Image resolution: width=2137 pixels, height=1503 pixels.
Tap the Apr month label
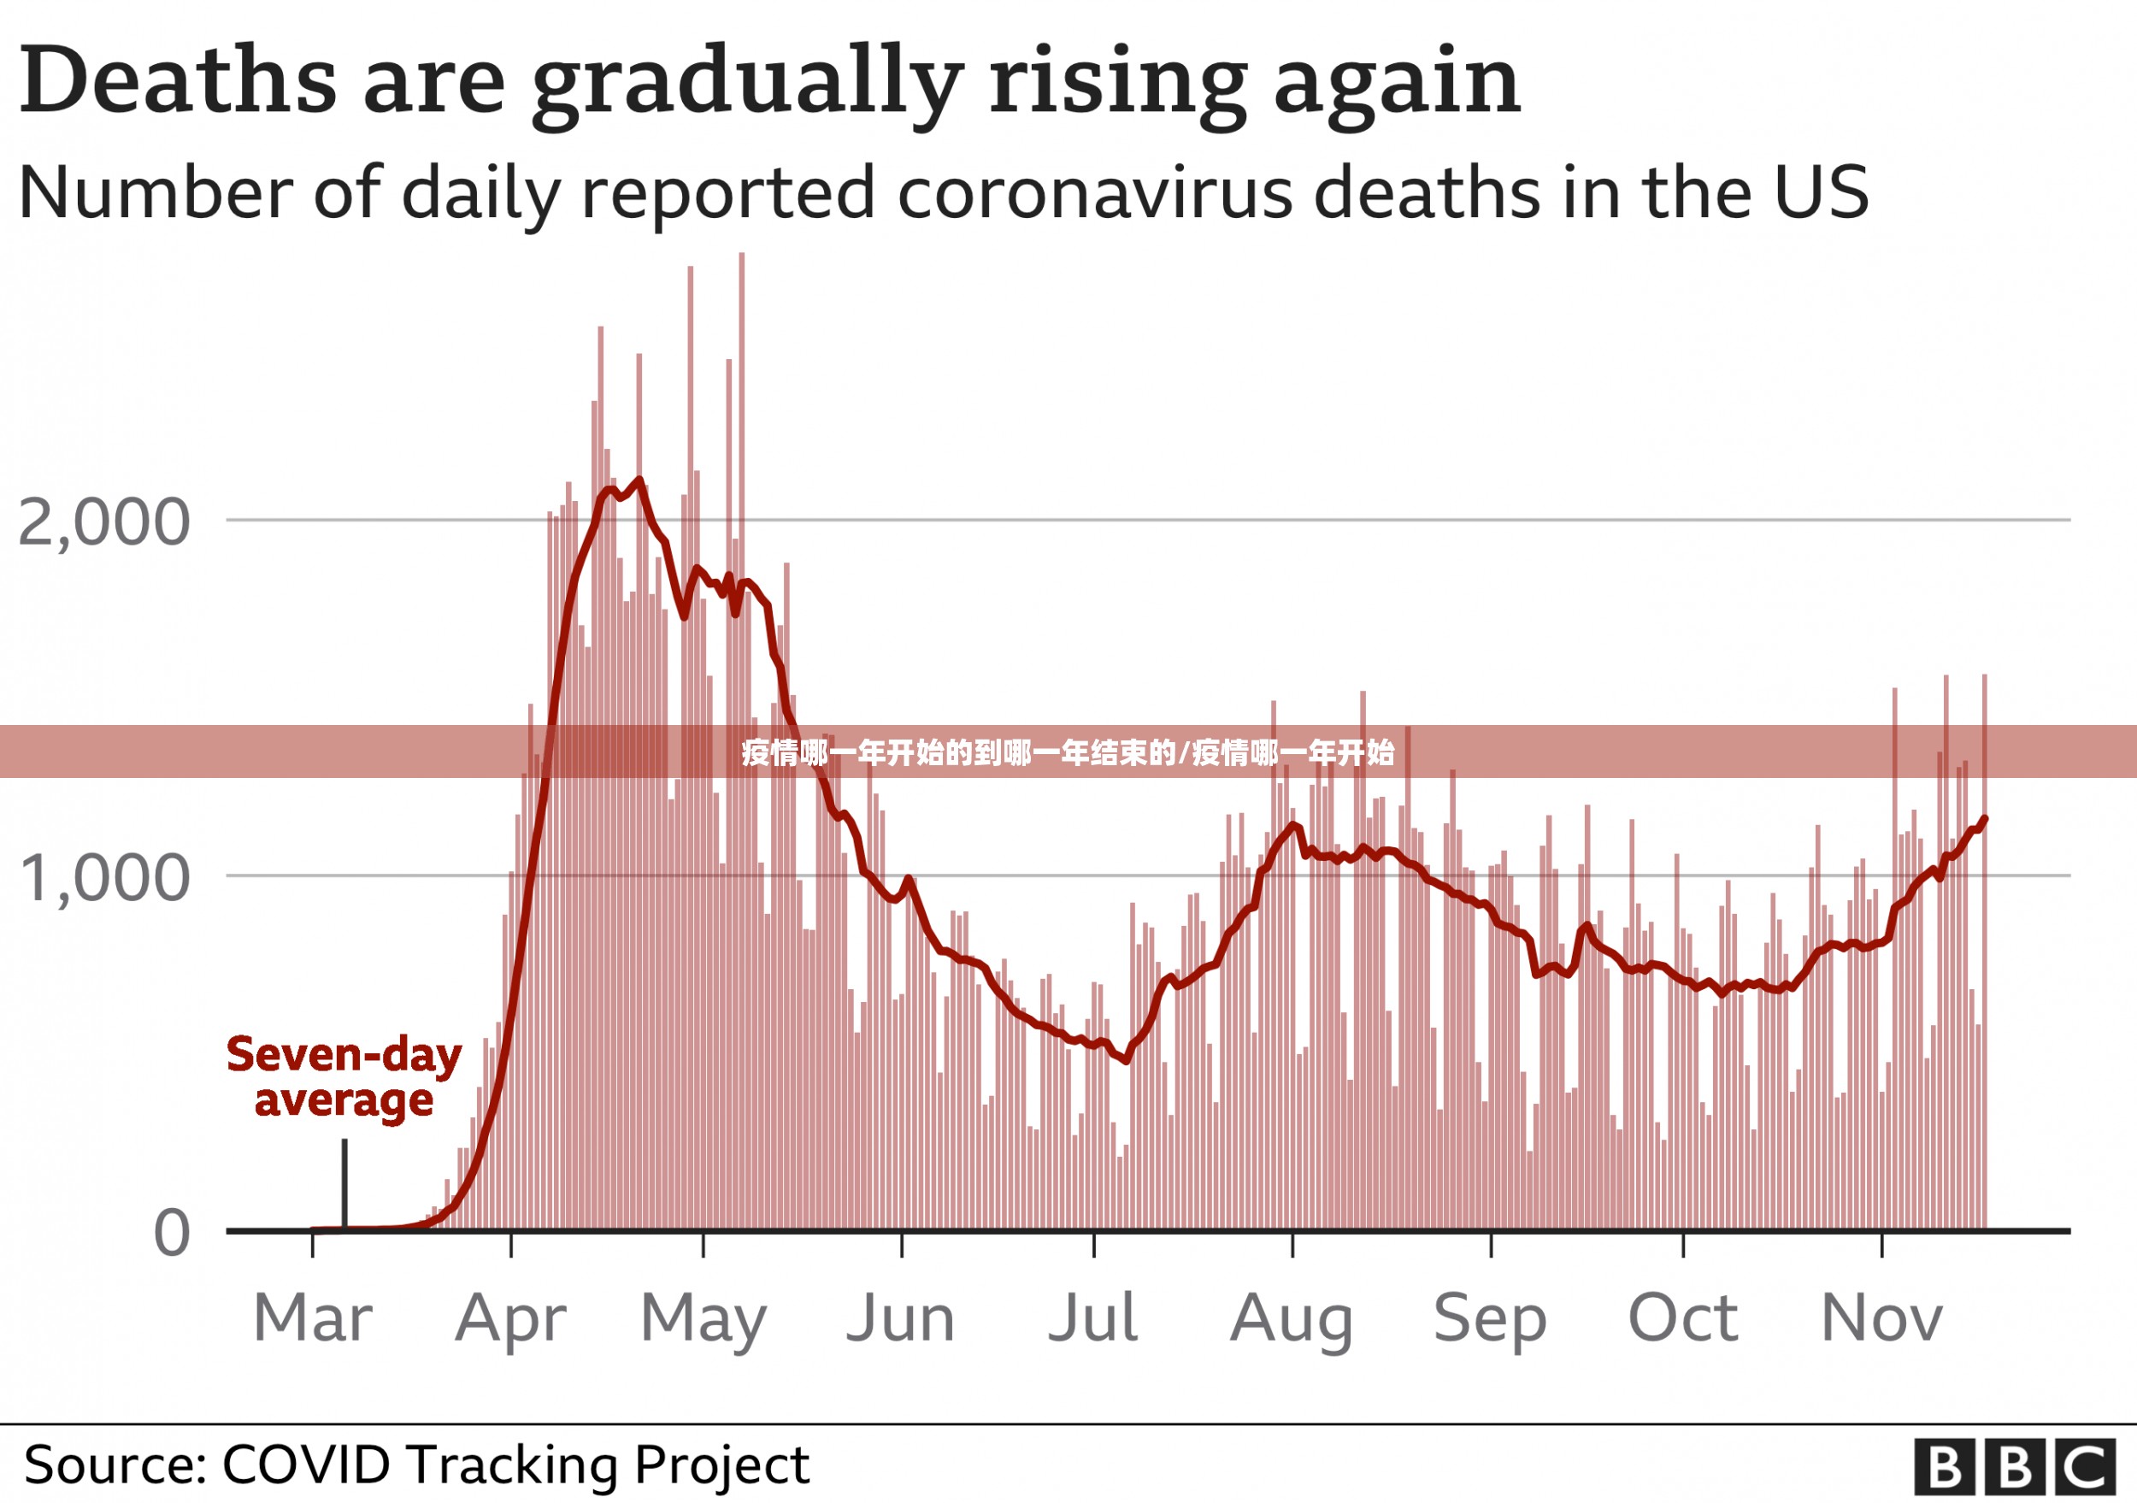pos(511,1320)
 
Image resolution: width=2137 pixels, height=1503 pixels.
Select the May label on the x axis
pos(704,1320)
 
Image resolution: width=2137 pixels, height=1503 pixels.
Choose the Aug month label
pos(1292,1320)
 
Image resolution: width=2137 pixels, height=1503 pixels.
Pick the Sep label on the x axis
pos(1490,1320)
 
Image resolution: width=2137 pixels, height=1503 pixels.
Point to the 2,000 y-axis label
pos(104,523)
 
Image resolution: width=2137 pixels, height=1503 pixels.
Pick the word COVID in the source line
pos(306,1465)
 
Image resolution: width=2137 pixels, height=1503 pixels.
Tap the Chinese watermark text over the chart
pos(1068,752)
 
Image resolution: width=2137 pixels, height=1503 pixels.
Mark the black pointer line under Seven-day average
pos(344,1184)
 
